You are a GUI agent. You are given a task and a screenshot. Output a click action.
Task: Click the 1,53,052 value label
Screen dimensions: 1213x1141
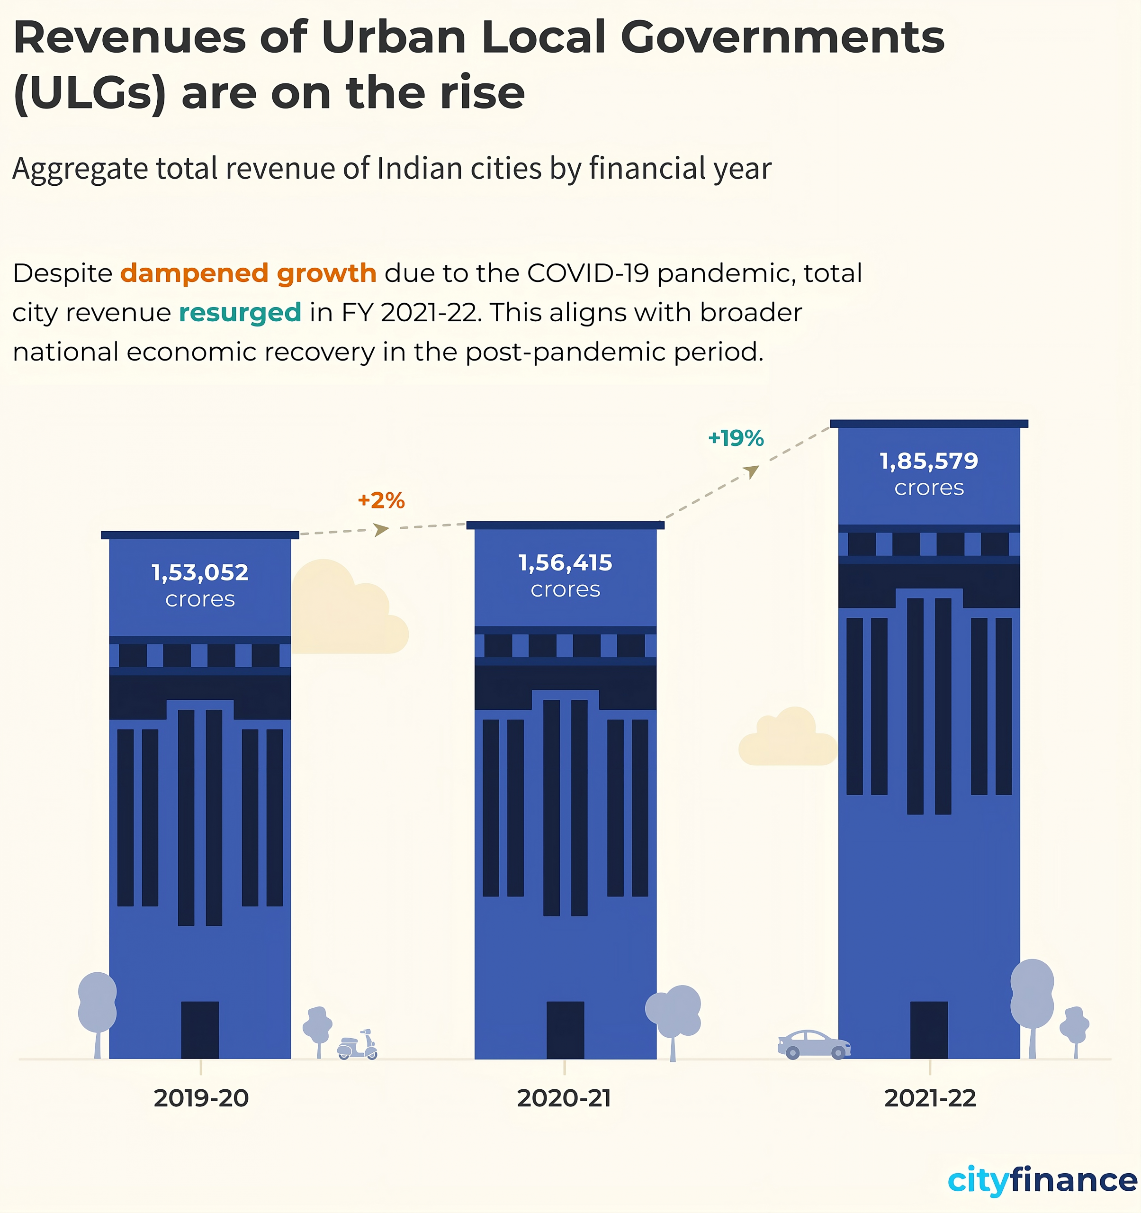tap(200, 572)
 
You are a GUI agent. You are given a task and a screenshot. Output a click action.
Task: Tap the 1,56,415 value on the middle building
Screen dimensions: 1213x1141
tap(566, 562)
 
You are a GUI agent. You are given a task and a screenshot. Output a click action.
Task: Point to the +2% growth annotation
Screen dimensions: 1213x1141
tap(381, 500)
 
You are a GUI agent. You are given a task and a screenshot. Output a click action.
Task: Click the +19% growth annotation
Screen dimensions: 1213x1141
tap(736, 438)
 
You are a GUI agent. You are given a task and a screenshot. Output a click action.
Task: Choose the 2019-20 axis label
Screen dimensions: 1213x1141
tap(201, 1098)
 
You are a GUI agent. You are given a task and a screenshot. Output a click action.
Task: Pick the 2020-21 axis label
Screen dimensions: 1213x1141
tap(564, 1098)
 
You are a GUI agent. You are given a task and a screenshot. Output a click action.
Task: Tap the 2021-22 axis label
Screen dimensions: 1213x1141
tap(930, 1098)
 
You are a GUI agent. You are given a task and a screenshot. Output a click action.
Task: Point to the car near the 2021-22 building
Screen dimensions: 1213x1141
tap(814, 1045)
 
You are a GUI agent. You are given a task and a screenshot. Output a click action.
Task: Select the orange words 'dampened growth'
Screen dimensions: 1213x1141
tap(248, 273)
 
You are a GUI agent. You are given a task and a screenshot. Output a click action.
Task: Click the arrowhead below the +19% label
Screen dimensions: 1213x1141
tap(753, 471)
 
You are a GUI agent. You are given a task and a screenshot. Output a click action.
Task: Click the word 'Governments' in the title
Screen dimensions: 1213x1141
tap(782, 38)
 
